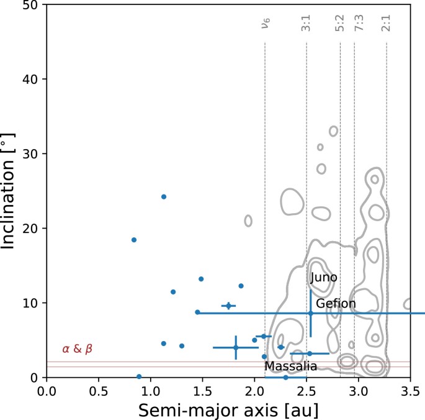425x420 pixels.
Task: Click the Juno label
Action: click(x=324, y=278)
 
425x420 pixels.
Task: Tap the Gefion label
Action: click(x=336, y=304)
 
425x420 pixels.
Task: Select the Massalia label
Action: click(x=291, y=367)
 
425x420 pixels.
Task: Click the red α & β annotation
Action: click(x=78, y=349)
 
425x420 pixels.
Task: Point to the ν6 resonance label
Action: click(x=265, y=25)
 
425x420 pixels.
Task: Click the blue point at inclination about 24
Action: click(x=164, y=196)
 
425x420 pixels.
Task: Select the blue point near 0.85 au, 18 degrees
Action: click(x=133, y=240)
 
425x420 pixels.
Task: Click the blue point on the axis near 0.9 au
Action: click(x=139, y=377)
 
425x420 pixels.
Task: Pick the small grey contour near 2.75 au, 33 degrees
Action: click(x=333, y=131)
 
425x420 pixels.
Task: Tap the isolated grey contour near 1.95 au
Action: click(x=248, y=221)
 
